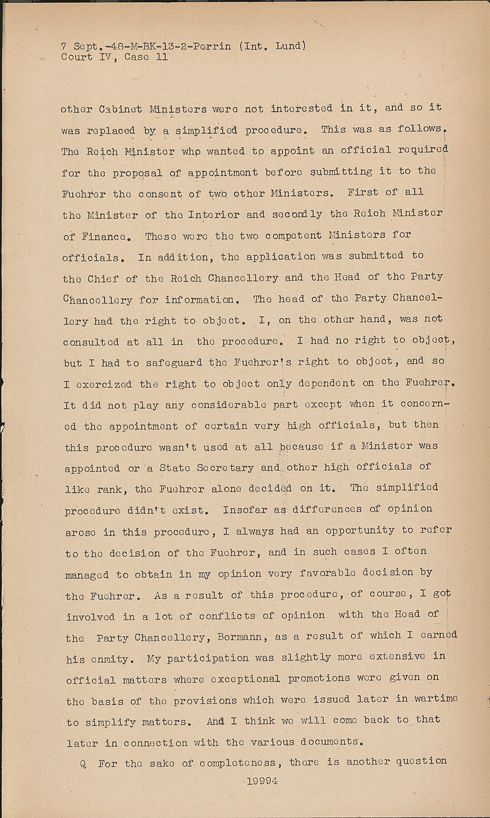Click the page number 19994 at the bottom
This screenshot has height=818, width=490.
(x=262, y=781)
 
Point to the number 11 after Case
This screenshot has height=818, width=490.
(x=162, y=57)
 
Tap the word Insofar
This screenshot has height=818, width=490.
(x=243, y=510)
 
